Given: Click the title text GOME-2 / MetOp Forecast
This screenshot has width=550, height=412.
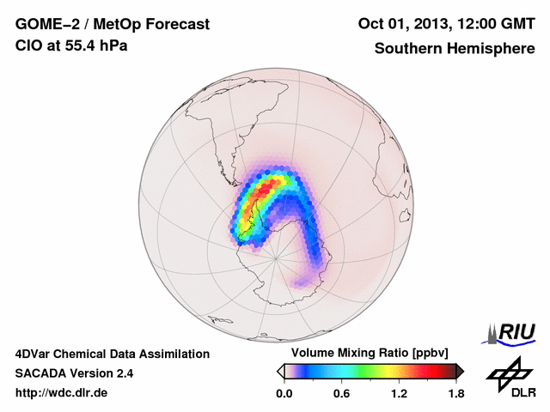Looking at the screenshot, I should pos(113,25).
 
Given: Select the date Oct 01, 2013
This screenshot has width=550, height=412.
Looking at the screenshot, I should pos(399,25).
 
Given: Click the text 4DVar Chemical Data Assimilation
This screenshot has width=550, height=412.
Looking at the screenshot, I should pos(113,354).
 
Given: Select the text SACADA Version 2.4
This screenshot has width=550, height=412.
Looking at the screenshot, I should pos(74,373).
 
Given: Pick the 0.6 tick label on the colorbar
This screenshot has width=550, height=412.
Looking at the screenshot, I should pos(341,393).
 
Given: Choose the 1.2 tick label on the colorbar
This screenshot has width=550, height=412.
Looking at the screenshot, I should pos(399,393).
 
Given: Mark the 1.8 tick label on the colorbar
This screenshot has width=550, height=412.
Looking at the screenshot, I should pos(455,393).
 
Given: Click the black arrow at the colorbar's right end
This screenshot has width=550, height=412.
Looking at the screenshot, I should pos(460,371).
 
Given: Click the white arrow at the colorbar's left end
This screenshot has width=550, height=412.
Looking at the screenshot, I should pos(280,371).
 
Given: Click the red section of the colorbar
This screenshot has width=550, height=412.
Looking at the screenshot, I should pos(434,371).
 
